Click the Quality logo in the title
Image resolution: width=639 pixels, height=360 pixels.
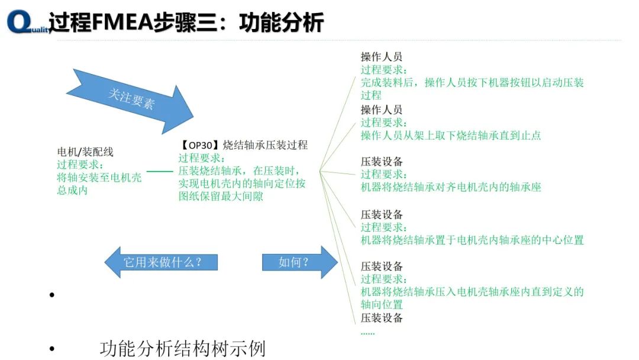click(27, 22)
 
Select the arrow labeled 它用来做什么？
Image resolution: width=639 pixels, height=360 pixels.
click(161, 262)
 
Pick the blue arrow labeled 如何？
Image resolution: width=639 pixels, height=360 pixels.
click(299, 262)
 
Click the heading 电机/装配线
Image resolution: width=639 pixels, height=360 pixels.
click(85, 152)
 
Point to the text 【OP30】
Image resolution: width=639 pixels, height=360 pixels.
click(200, 145)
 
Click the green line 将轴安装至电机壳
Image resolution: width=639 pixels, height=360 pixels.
click(99, 178)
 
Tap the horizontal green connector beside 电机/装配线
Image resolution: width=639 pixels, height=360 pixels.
click(160, 172)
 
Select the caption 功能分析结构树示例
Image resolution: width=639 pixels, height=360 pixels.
click(182, 348)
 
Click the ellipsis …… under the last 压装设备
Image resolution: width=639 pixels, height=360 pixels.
click(368, 332)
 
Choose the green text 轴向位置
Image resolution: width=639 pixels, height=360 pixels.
click(382, 304)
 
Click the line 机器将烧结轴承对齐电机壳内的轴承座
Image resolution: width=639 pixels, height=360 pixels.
click(451, 187)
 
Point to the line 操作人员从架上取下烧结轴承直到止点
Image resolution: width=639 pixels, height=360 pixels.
click(451, 135)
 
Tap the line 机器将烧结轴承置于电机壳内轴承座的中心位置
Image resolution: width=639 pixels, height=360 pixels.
click(472, 240)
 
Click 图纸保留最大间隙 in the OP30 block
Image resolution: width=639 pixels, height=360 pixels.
click(221, 197)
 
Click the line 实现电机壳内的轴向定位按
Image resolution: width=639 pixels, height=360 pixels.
click(242, 184)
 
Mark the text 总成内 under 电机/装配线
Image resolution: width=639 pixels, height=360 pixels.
click(72, 191)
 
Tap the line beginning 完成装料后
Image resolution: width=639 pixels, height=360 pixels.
click(472, 82)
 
